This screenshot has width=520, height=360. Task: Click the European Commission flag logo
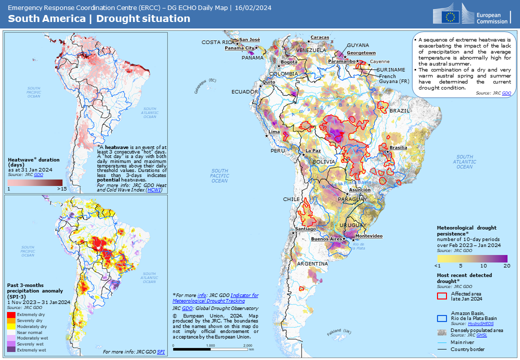coord(452,16)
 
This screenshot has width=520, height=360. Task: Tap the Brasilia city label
coord(398,147)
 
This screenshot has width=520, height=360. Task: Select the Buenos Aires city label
coord(326,239)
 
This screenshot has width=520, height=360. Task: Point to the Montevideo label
coord(368,235)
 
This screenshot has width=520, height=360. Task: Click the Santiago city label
coord(305,228)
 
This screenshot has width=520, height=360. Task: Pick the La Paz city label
coord(313,150)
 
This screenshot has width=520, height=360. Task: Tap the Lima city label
coord(274,132)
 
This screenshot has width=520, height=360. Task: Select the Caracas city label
coord(319,37)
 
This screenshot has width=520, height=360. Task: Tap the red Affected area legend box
coord(441,295)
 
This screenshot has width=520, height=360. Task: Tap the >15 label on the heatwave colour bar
coord(61,189)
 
